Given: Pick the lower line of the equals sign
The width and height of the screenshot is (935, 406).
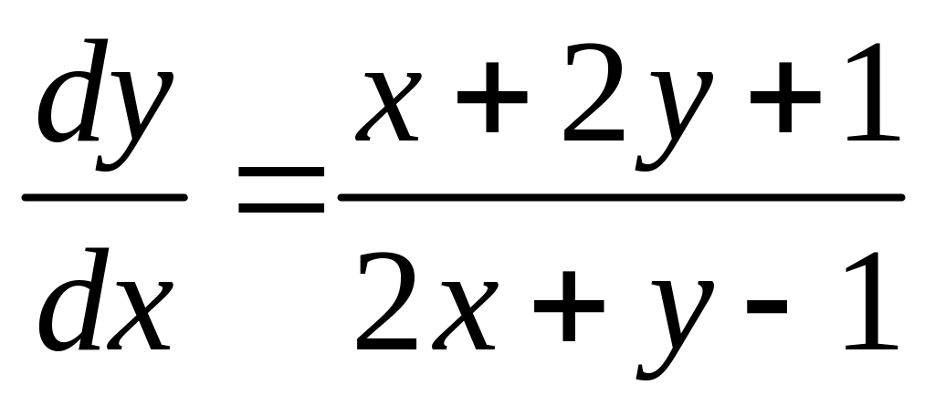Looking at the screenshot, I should point(281,209).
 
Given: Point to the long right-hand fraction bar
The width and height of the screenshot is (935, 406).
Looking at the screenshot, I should point(621,196).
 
